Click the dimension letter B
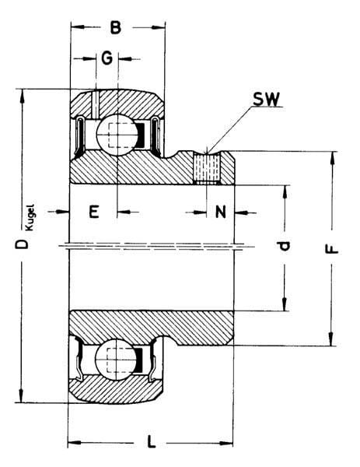point(115,27)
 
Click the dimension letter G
point(107,58)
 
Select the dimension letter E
point(94,212)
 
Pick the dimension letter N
point(221,212)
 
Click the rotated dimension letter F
point(332,249)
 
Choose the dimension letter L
point(152,441)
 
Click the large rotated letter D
point(22,244)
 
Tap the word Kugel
point(30,217)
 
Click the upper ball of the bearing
point(118,135)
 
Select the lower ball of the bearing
point(116,359)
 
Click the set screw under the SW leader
point(207,167)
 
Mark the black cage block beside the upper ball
point(140,135)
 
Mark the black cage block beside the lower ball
point(138,360)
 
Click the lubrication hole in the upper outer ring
point(95,104)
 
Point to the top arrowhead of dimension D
point(22,96)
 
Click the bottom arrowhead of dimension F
point(331,339)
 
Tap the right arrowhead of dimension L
point(226,443)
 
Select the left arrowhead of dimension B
point(78,27)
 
